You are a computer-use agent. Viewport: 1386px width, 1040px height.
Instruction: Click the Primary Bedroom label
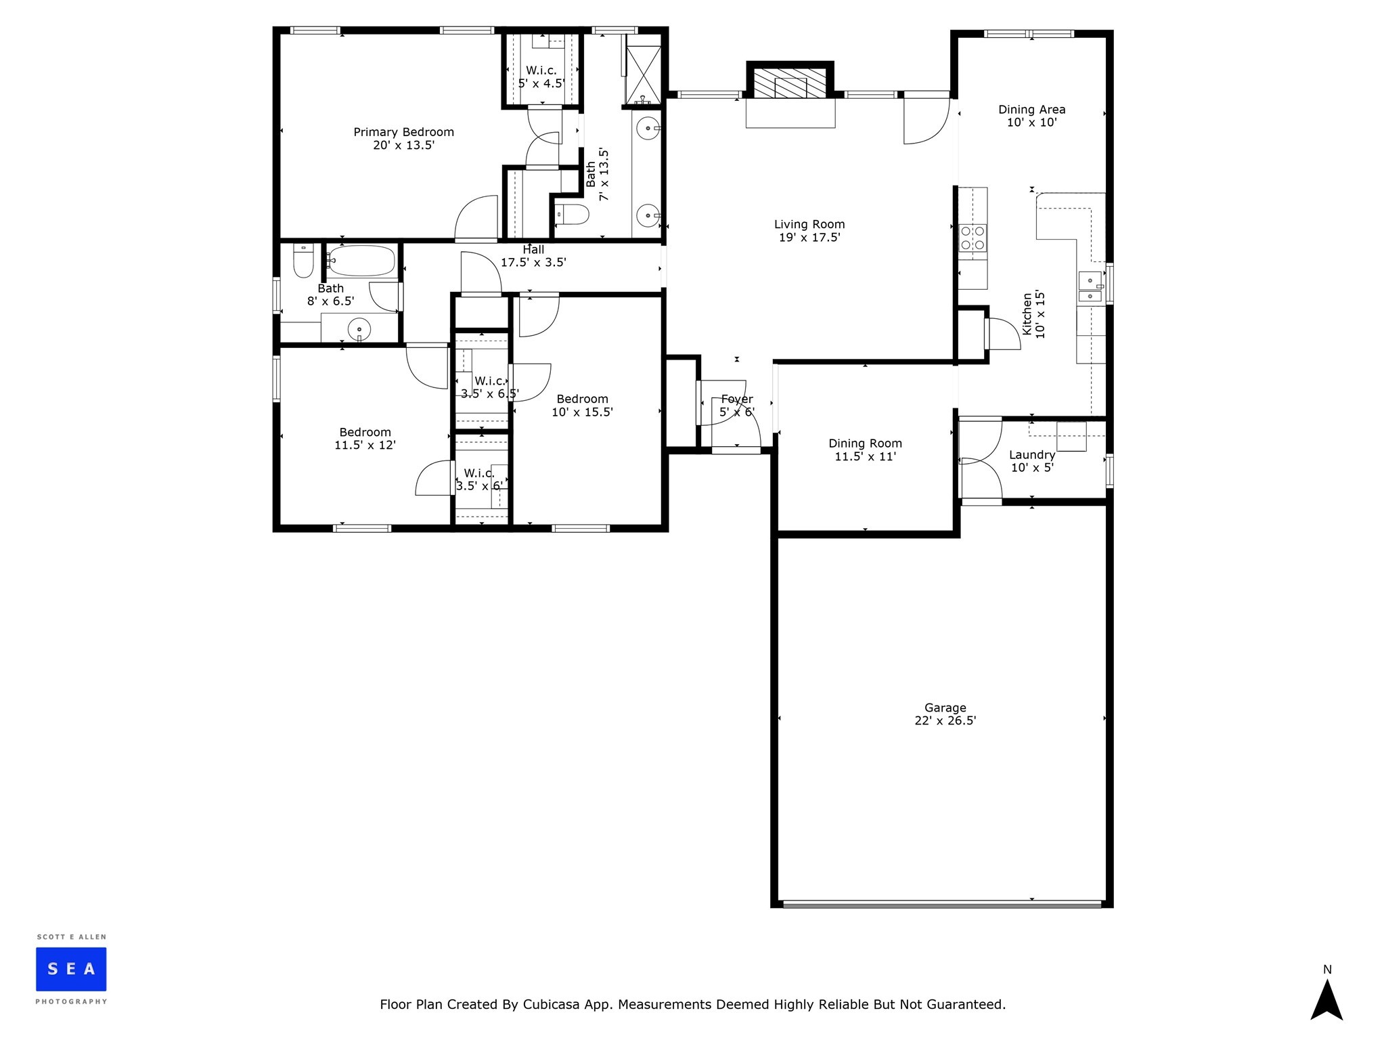[403, 132]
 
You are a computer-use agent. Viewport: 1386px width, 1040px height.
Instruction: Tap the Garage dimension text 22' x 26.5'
[945, 721]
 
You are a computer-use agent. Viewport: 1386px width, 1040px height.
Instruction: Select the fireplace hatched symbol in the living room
[790, 85]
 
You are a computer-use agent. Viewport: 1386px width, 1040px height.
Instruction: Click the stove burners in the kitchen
[973, 238]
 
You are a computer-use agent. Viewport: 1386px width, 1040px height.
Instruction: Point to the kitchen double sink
[1090, 286]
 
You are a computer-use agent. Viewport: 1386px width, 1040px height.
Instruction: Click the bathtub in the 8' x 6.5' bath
[361, 261]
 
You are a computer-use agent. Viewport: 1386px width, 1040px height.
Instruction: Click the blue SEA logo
[71, 969]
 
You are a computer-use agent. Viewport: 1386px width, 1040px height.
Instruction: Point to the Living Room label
[809, 224]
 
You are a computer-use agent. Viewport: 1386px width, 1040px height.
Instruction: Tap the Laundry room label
[1031, 455]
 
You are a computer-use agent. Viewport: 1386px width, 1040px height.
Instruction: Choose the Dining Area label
[1031, 109]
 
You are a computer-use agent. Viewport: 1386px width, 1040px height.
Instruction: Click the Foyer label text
[736, 399]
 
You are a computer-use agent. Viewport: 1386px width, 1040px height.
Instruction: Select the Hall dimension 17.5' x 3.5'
[533, 263]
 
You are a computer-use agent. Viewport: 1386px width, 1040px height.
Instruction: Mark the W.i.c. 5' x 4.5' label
[541, 77]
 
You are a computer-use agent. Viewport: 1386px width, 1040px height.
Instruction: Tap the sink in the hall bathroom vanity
[359, 330]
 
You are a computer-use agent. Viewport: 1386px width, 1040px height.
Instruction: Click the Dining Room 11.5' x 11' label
[865, 450]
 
